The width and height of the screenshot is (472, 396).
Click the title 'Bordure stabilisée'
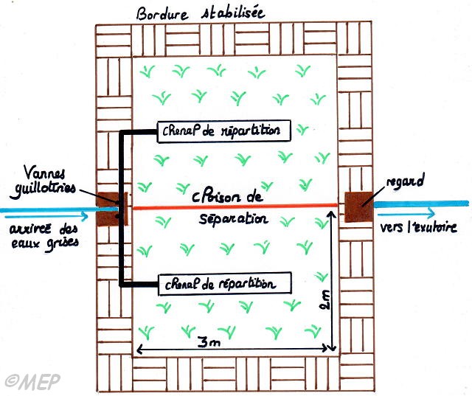(201, 13)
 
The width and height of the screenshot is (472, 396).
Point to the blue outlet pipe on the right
(420, 203)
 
